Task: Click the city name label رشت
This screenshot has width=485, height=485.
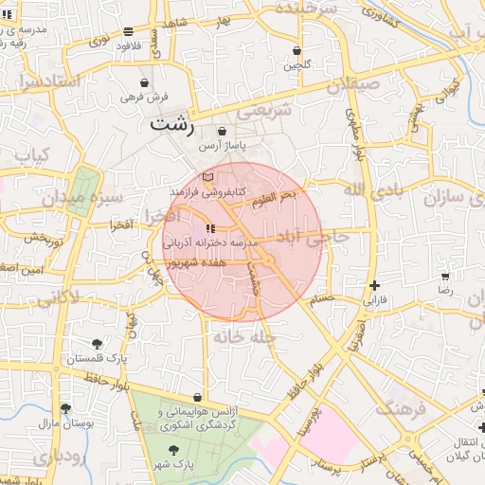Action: coord(171,123)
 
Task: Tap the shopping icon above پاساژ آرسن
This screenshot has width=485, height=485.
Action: coord(222,132)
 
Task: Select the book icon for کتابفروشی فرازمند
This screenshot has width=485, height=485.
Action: coord(208,176)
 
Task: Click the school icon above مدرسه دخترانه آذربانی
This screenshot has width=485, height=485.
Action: coord(209,228)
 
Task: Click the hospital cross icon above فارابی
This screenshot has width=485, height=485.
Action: coord(376,285)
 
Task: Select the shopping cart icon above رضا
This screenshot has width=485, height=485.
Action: coord(444,277)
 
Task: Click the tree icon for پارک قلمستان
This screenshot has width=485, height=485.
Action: coord(97,343)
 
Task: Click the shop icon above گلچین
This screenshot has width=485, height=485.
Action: coord(296,50)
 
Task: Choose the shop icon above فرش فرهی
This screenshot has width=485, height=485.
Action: coord(144,82)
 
